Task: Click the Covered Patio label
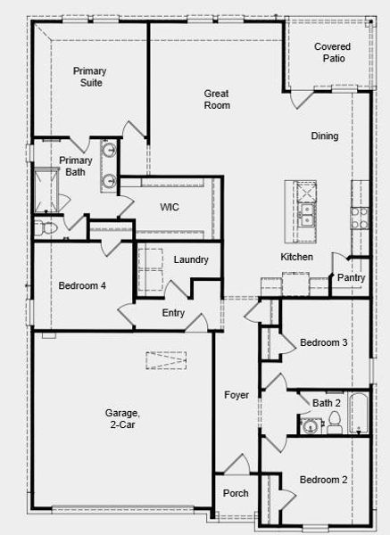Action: click(331, 53)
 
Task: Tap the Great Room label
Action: click(217, 99)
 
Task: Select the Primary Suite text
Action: click(87, 77)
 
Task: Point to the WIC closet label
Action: click(170, 206)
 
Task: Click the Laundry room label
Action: click(191, 260)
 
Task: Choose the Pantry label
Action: click(350, 277)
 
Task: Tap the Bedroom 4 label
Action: click(82, 286)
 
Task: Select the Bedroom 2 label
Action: click(323, 480)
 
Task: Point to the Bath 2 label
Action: click(326, 403)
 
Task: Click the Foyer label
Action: click(236, 395)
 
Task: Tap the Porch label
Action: click(236, 493)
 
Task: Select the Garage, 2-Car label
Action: click(122, 419)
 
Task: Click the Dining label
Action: click(325, 136)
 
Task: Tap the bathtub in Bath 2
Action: click(359, 413)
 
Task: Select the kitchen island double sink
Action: click(306, 214)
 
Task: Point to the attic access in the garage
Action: click(170, 361)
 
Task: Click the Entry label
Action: click(173, 313)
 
